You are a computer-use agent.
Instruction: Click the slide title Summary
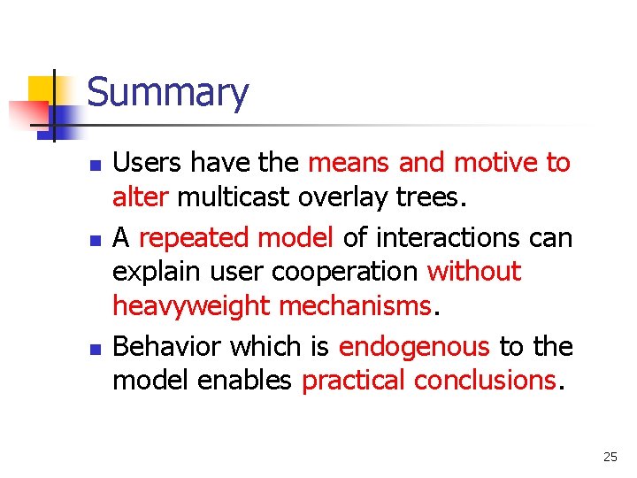168,93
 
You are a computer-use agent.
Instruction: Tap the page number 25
610,457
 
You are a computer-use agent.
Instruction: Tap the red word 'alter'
140,197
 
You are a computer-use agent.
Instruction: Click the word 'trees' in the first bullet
426,197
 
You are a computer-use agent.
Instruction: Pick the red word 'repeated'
196,237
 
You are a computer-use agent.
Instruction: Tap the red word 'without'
474,272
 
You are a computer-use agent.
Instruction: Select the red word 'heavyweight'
190,306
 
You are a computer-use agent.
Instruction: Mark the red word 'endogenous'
413,346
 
